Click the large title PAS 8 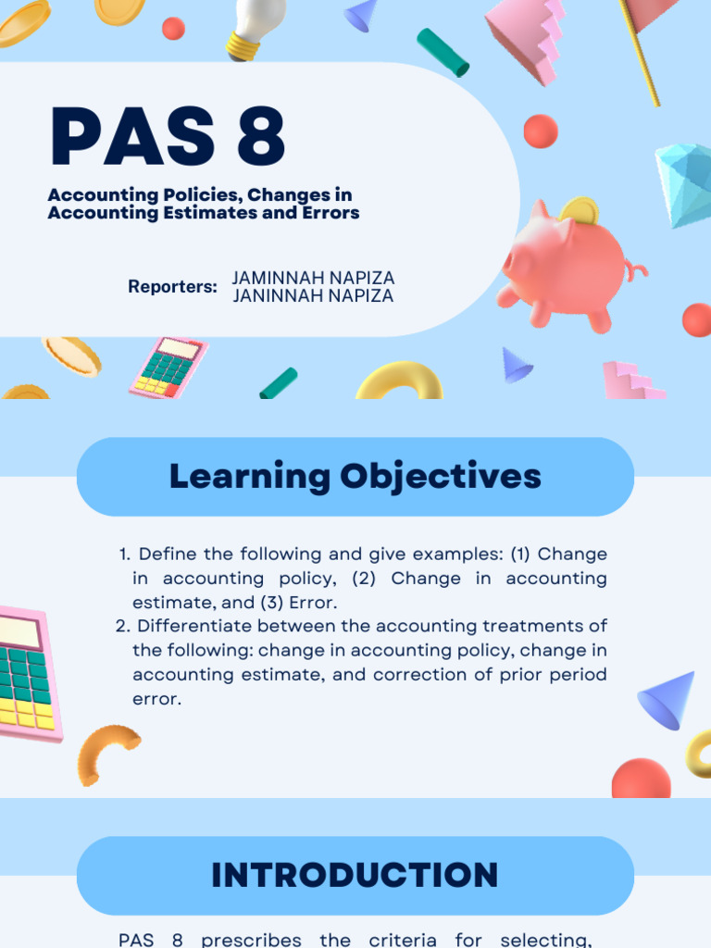tap(167, 137)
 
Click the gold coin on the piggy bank tap(580, 211)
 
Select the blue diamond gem tap(685, 183)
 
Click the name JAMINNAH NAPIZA tap(313, 278)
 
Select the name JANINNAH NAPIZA tap(313, 296)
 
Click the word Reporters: tap(172, 287)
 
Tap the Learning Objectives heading tap(355, 476)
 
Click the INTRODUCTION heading tap(355, 875)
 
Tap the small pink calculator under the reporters tap(168, 368)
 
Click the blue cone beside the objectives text tap(668, 699)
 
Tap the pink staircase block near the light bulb tap(526, 37)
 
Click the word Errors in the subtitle tap(325, 213)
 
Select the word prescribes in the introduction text tap(251, 940)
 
